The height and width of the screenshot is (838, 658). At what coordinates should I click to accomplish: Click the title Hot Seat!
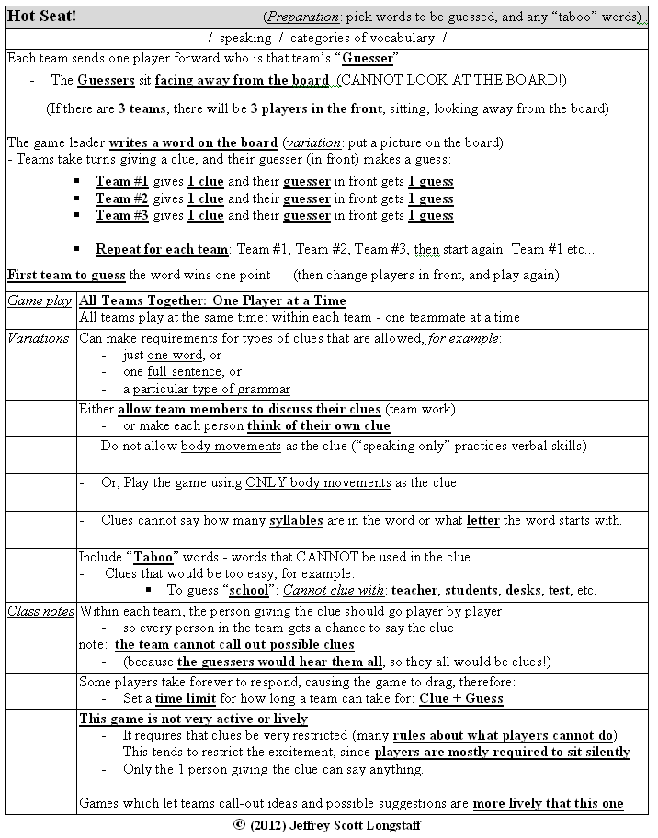(x=42, y=17)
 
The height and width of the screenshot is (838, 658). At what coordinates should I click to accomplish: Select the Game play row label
(x=40, y=300)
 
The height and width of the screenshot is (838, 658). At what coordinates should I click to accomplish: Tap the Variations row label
(x=40, y=337)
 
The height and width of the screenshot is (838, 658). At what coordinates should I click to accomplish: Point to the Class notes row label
(x=40, y=611)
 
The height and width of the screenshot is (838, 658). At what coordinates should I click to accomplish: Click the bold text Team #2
(x=121, y=198)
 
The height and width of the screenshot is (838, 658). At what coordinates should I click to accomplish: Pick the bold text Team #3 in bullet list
(x=121, y=215)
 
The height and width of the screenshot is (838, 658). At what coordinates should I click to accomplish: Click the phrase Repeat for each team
(x=162, y=249)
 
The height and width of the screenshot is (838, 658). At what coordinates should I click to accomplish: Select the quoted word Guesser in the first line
(x=369, y=58)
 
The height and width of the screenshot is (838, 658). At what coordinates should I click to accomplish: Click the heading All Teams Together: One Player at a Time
(x=212, y=300)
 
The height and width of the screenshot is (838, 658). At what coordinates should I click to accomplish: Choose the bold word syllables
(x=296, y=520)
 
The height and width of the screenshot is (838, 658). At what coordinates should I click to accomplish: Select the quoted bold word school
(x=249, y=590)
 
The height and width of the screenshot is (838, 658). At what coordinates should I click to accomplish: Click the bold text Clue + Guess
(x=461, y=698)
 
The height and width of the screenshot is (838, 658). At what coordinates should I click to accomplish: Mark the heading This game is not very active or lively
(x=193, y=719)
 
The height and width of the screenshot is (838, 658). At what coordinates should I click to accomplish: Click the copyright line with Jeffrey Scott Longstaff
(x=328, y=825)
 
